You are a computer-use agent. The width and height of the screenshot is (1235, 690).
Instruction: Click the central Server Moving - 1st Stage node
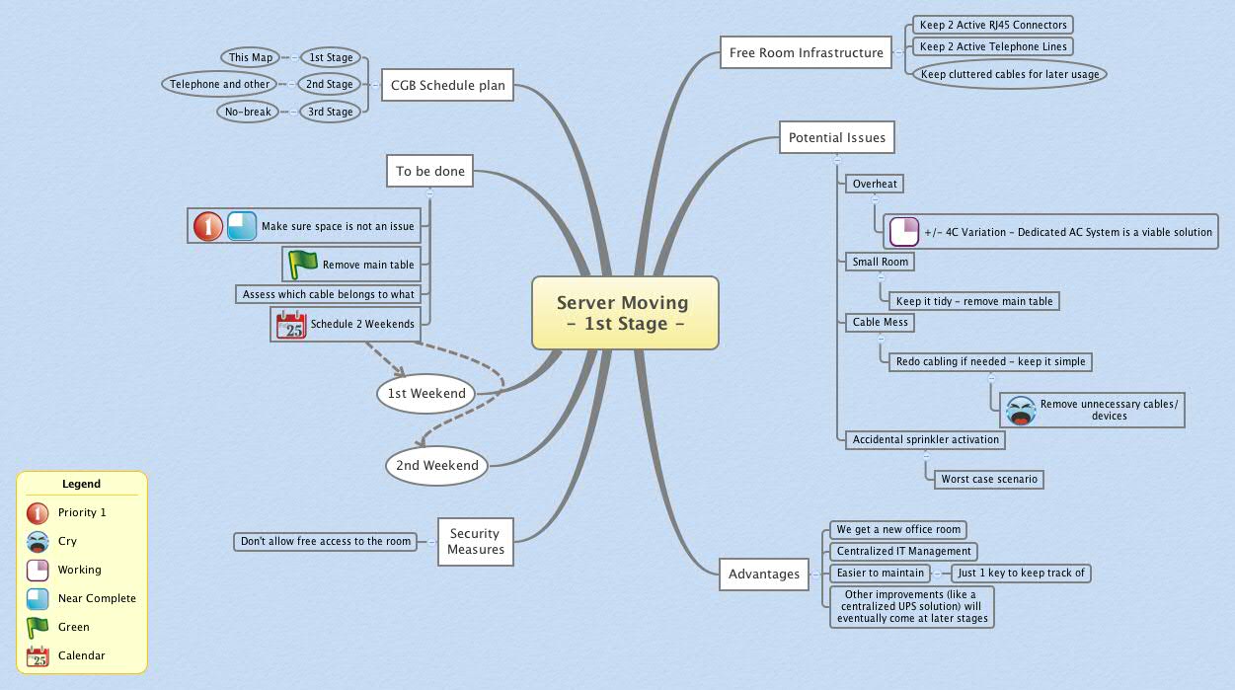point(624,313)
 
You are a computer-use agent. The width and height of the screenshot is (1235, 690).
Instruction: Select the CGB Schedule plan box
point(442,85)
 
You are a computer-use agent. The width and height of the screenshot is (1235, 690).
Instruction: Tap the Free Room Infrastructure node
point(806,52)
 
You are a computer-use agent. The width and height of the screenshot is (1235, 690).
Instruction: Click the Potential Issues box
point(836,138)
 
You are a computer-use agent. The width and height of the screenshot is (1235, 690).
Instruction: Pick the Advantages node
point(763,574)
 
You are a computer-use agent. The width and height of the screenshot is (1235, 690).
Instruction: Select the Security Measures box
point(475,541)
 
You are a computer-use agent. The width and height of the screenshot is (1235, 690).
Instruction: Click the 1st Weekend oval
point(425,393)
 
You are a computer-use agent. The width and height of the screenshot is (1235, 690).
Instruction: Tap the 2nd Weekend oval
point(436,465)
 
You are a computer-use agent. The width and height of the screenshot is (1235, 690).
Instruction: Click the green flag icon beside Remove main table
point(302,265)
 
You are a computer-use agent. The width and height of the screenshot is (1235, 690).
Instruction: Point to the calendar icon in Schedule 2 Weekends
point(291,324)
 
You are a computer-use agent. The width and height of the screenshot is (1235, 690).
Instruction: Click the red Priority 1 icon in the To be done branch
point(207,226)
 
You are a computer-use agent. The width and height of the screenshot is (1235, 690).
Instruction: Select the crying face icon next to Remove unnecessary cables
point(1021,410)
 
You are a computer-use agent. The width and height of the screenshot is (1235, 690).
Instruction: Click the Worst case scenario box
point(988,479)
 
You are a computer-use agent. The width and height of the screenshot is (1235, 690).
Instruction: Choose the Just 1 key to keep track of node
point(1021,573)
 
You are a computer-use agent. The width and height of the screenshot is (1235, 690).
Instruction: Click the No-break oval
point(248,112)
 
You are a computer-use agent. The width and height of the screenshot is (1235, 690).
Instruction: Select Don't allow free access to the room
point(325,541)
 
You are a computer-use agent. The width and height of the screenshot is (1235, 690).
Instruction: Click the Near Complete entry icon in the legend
point(38,598)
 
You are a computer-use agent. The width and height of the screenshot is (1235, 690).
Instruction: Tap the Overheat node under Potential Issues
point(874,184)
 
